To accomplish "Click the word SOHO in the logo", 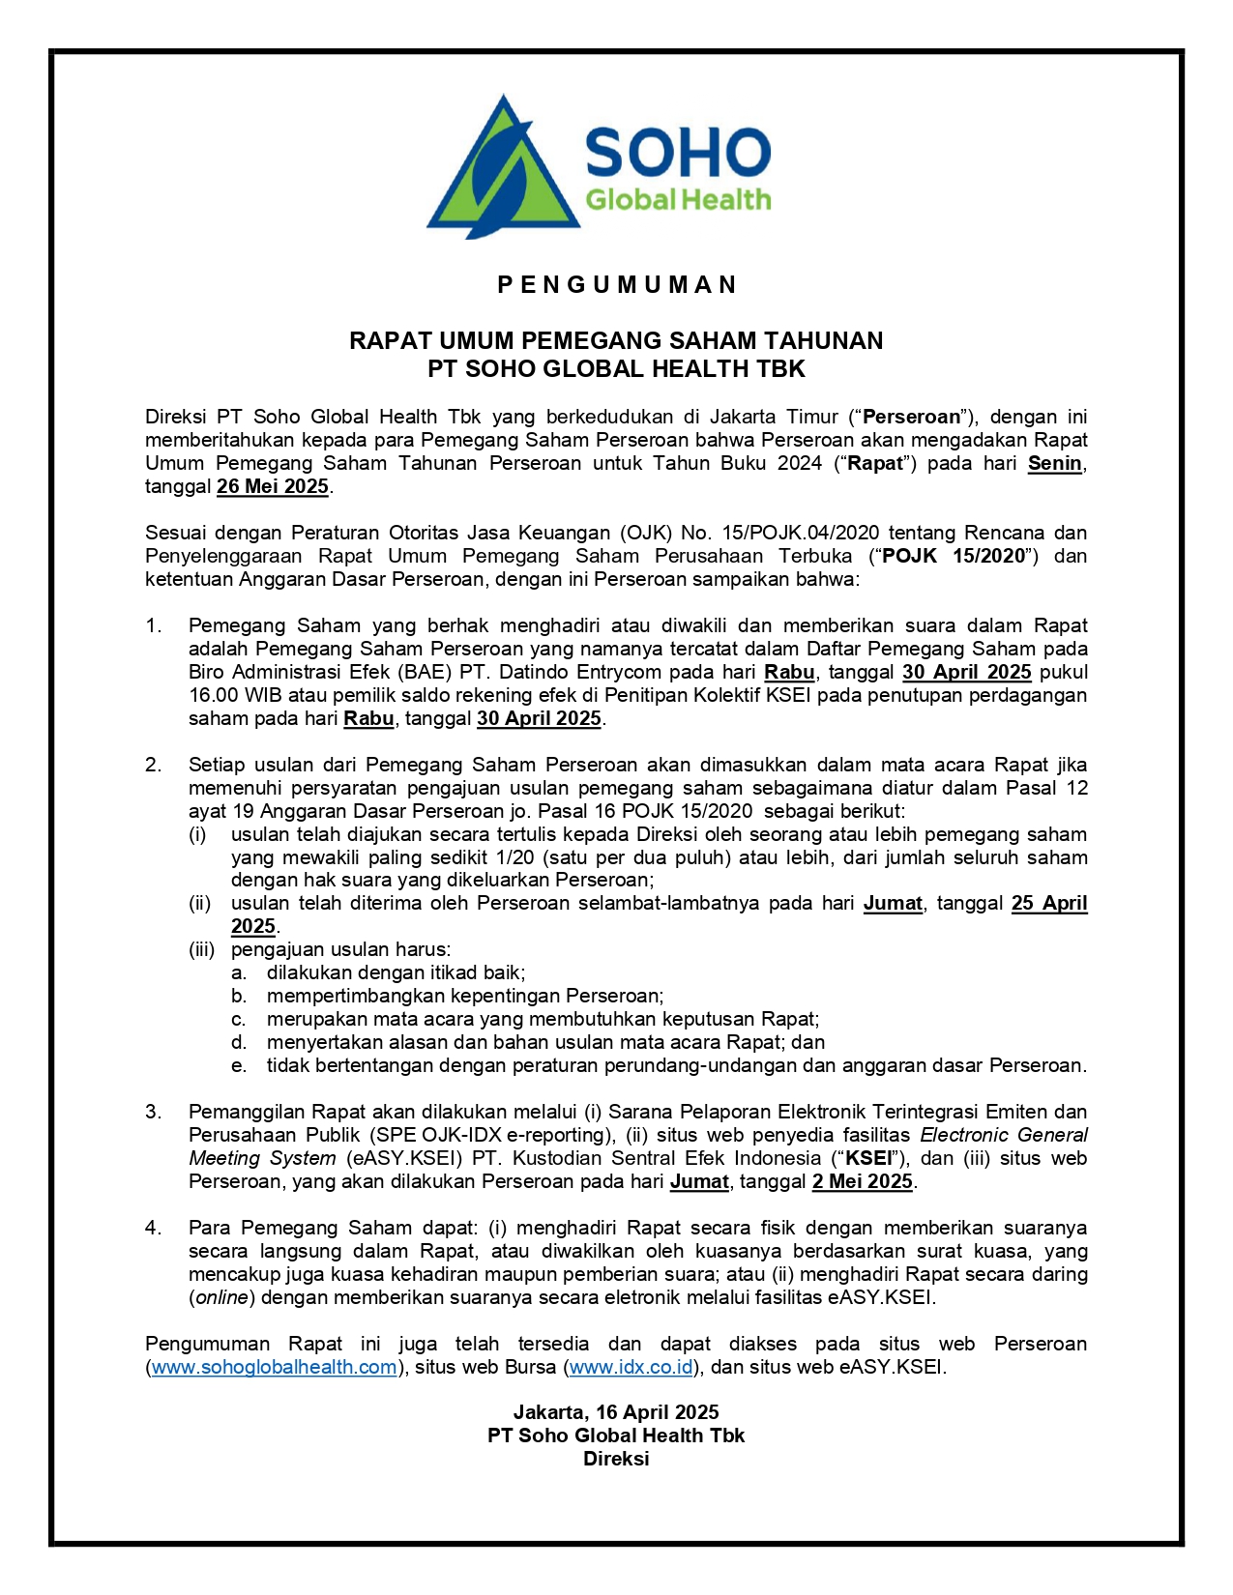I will coord(678,153).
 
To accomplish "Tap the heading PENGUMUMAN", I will coord(616,284).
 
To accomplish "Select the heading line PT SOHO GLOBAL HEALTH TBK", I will coord(616,368).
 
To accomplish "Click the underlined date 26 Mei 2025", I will coord(273,486).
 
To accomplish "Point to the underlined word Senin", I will coord(1054,463).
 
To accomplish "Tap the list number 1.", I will coord(153,625).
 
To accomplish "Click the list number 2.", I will coord(153,765).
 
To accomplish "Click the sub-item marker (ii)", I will coord(199,904).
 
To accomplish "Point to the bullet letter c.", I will coord(238,1019).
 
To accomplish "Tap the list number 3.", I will coord(153,1112).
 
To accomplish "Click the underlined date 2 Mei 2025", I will coord(863,1181).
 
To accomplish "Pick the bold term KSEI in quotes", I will coord(869,1158).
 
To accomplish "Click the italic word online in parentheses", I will coord(222,1297).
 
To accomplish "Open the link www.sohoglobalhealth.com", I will coord(275,1367).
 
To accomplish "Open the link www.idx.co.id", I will coord(631,1367).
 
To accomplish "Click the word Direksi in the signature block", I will coord(616,1459).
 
